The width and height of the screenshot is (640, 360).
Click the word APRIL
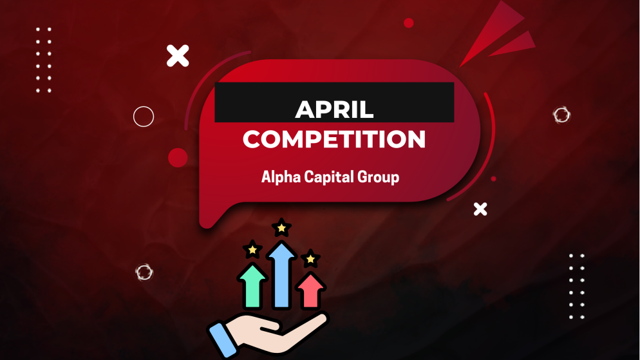pyautogui.click(x=334, y=109)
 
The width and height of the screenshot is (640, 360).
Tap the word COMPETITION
pyautogui.click(x=334, y=139)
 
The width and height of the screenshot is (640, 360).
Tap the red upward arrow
pyautogui.click(x=310, y=290)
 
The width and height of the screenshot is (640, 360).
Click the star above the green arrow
pyautogui.click(x=252, y=249)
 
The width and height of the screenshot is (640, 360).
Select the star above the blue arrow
pyautogui.click(x=281, y=227)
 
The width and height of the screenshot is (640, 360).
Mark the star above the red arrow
pyautogui.click(x=310, y=259)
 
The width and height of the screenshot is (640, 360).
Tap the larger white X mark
pyautogui.click(x=178, y=56)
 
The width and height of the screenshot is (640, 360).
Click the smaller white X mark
pyautogui.click(x=480, y=209)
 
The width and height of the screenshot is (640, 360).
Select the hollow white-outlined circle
pyautogui.click(x=144, y=117)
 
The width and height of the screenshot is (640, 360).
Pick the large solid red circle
pyautogui.click(x=178, y=157)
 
